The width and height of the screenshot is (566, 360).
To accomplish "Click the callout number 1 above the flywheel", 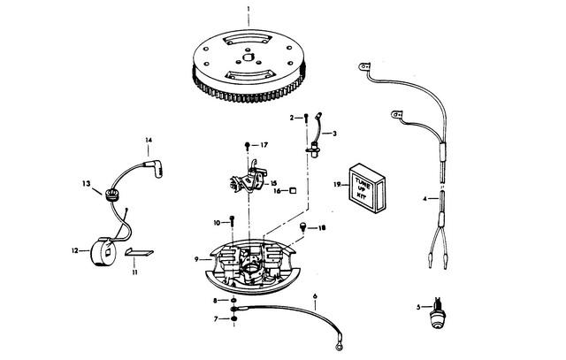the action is coord(248,8).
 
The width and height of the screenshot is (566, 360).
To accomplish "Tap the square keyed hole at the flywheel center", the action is coord(248,57).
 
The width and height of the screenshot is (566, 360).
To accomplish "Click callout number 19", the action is coord(337,185).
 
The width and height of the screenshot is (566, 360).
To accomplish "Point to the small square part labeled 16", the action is coord(293,190).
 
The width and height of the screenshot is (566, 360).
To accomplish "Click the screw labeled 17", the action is coord(248,146).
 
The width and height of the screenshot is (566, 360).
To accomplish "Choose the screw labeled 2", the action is coord(306,118).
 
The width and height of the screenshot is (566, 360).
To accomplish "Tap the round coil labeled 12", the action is coord(103,252).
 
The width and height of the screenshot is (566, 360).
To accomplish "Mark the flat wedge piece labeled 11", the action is coord(139,252).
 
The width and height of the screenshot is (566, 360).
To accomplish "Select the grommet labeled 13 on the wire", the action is coord(111,195).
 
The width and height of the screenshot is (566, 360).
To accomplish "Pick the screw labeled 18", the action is coord(302,227).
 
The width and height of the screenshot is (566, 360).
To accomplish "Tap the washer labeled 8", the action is coord(233,300).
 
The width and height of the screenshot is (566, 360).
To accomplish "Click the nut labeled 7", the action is coord(233,318).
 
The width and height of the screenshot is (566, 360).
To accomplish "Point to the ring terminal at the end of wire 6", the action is coord(339,346).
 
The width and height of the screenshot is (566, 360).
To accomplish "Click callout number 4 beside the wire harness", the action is coord(424,199).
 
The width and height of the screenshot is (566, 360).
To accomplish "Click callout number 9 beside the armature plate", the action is coord(196,259).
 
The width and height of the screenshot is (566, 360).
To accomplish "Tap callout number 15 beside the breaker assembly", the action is coord(273,183).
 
